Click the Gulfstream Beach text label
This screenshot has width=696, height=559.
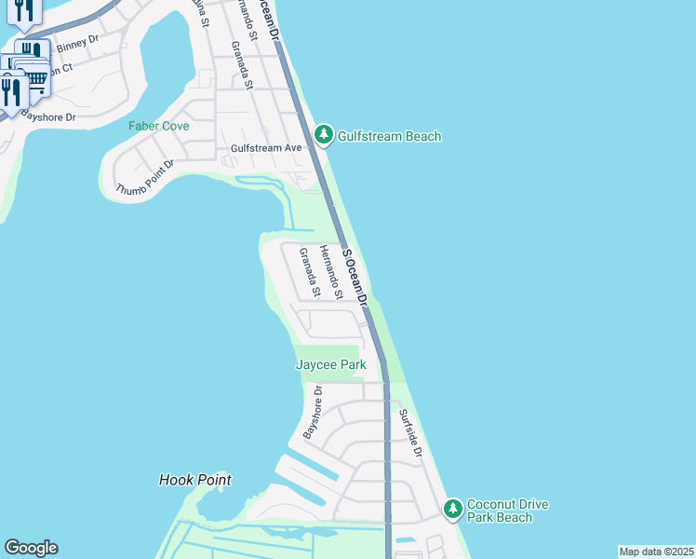point(389,136)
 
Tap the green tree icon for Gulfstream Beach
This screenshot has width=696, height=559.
point(324,135)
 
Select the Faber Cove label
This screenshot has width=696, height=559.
point(159,126)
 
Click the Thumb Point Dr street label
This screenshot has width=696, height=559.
point(145,178)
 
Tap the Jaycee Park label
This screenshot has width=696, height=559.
point(330,364)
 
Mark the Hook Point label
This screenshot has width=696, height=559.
point(194,480)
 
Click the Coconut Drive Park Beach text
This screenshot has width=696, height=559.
point(508,511)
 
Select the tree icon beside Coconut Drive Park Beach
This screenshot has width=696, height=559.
point(452,509)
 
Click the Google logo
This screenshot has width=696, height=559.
point(31,548)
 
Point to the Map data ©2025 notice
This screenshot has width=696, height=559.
point(656,552)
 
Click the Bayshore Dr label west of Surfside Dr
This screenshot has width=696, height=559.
point(312,414)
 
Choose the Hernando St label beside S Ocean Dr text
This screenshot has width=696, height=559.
point(331,272)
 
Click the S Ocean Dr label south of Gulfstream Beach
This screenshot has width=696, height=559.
point(355,277)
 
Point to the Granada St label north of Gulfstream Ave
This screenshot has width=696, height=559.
point(242,64)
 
